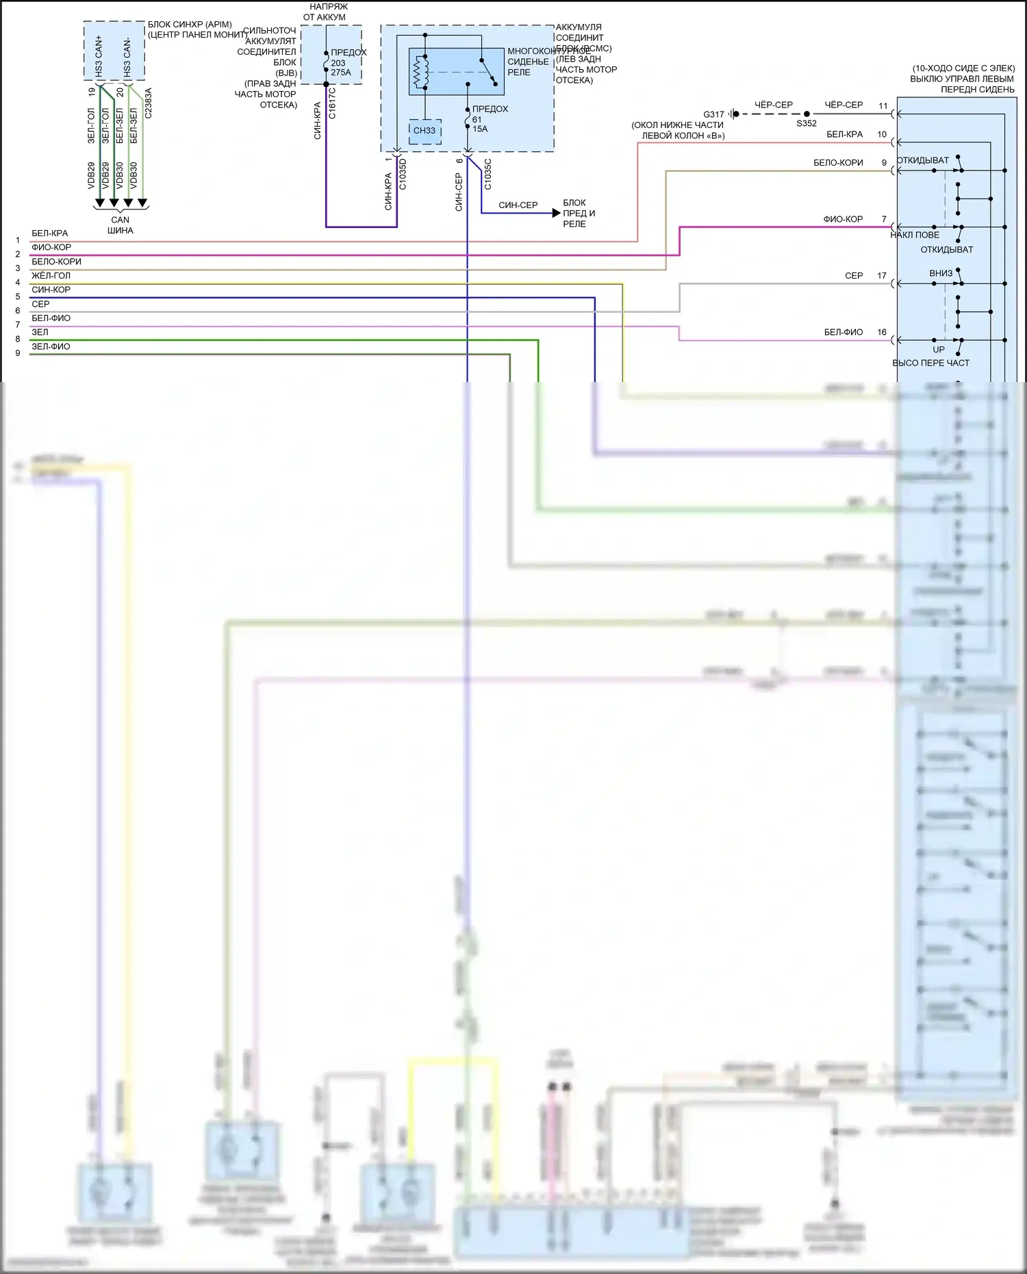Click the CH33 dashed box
[424, 131]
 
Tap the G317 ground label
[713, 114]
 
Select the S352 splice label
[807, 124]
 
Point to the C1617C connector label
[333, 103]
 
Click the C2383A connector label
[149, 103]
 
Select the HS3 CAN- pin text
[127, 58]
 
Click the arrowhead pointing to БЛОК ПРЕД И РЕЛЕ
[556, 213]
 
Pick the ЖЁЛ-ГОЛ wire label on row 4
[51, 276]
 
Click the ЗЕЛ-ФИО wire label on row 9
[51, 347]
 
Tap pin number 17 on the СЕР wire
[882, 276]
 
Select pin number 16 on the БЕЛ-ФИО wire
[882, 332]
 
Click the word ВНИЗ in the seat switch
[941, 273]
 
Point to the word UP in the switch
[938, 349]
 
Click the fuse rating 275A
[341, 73]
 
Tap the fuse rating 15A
[480, 129]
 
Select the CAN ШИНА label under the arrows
[120, 225]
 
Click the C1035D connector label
[403, 175]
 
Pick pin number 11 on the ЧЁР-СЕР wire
[883, 106]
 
